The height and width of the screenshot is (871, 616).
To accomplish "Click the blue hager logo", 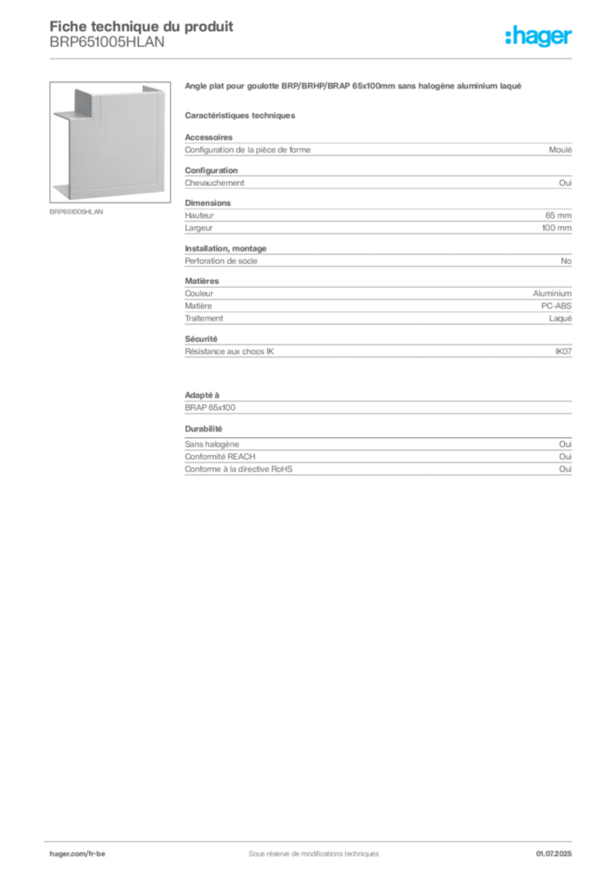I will coord(540,37).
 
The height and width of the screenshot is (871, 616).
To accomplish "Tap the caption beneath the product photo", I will coord(77,212).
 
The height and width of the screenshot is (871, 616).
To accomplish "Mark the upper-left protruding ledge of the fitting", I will coord(60,113).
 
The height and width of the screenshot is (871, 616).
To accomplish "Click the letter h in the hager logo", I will coord(510,37).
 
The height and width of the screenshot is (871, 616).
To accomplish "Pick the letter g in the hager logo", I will coord(540,40).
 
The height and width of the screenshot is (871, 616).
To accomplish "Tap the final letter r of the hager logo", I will coord(571,38).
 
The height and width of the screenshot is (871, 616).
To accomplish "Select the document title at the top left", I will coord(140,26).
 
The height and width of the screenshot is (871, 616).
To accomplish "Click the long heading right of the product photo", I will coord(348,87).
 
